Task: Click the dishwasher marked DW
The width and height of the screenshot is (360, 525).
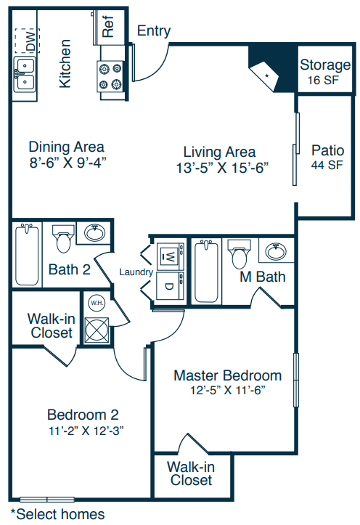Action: click(27, 41)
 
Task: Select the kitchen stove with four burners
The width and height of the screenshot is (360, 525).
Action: click(110, 76)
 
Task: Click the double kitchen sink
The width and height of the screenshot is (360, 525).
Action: click(25, 74)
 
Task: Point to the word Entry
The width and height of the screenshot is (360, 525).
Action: click(154, 30)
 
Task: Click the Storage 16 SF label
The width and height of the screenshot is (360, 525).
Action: click(325, 71)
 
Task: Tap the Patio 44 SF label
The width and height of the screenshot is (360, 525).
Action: click(327, 157)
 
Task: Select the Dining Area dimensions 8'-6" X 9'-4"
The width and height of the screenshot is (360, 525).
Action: click(67, 163)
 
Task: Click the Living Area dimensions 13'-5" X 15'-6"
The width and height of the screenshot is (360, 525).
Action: click(222, 168)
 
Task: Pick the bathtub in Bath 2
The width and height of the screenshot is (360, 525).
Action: click(27, 254)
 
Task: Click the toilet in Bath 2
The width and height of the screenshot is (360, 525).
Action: click(63, 239)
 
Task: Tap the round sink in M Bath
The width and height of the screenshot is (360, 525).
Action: click(276, 251)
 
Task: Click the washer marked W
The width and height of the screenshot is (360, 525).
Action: click(171, 256)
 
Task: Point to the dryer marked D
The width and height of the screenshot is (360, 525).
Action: click(171, 285)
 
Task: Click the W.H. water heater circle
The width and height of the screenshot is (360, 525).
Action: click(97, 303)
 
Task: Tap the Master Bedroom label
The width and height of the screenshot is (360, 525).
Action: click(227, 375)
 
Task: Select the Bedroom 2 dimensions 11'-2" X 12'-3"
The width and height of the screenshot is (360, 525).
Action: click(86, 431)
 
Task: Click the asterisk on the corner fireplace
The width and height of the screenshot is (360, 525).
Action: click(267, 76)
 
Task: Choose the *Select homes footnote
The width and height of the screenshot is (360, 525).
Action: click(57, 514)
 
